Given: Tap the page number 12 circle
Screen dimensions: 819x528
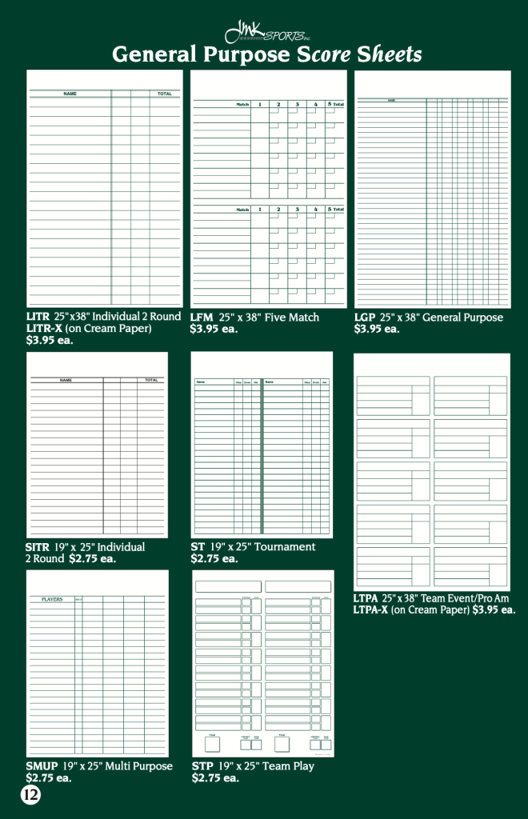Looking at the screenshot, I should (30, 795).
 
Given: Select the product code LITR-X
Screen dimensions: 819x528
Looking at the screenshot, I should (44, 328).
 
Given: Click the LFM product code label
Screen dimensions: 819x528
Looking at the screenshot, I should (202, 318).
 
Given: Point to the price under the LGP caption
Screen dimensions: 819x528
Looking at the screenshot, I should (377, 329).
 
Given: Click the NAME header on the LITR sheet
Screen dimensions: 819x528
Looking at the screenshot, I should (70, 94).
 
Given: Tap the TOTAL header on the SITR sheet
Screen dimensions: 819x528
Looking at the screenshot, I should (151, 380).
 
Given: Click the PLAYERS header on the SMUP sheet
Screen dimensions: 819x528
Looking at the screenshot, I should (52, 599).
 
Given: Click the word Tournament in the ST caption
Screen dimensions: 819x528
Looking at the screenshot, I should (286, 547).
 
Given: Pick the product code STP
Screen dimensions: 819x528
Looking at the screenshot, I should (202, 766).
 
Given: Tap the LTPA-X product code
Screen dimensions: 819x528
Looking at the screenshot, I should (370, 609).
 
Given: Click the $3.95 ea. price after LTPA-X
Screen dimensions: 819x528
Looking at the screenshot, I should (494, 609).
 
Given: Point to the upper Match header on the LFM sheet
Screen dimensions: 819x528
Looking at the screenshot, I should (242, 104).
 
